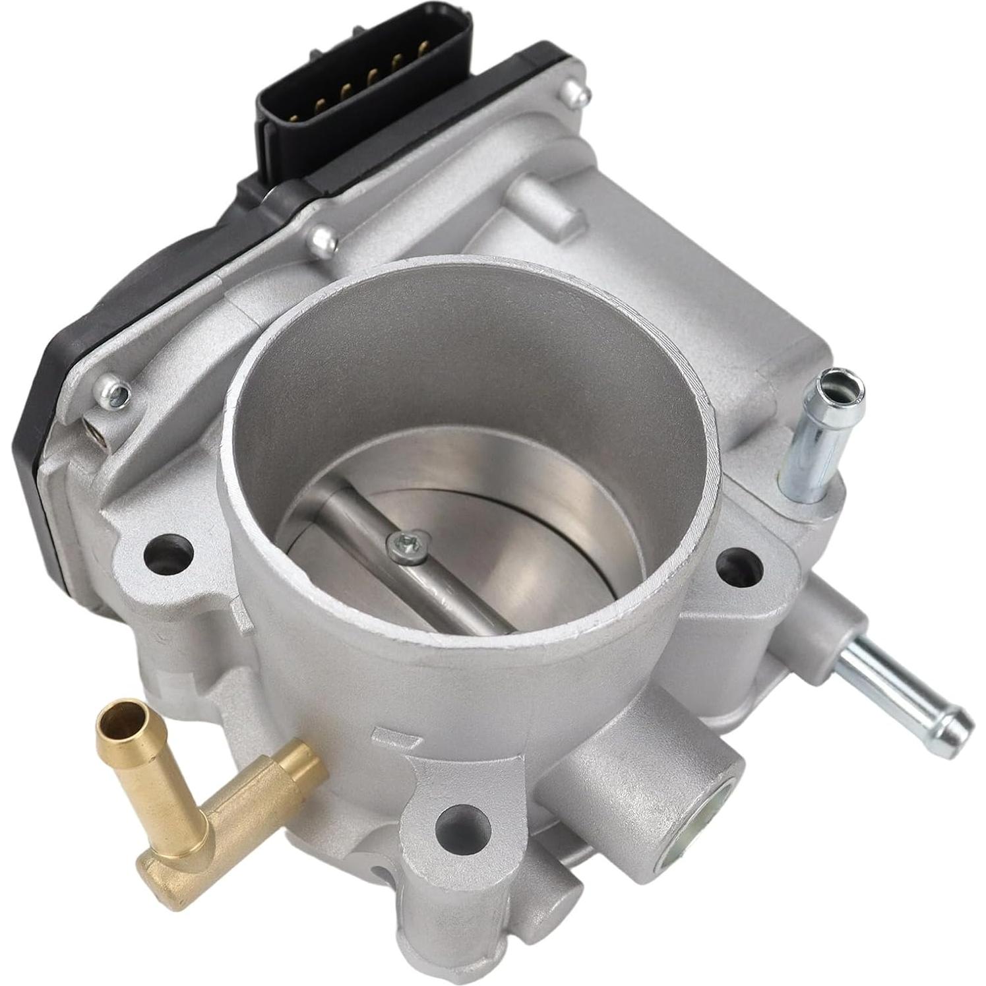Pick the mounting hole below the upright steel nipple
(739, 564)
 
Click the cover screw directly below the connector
(324, 241)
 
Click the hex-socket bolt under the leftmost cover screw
(96, 432)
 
